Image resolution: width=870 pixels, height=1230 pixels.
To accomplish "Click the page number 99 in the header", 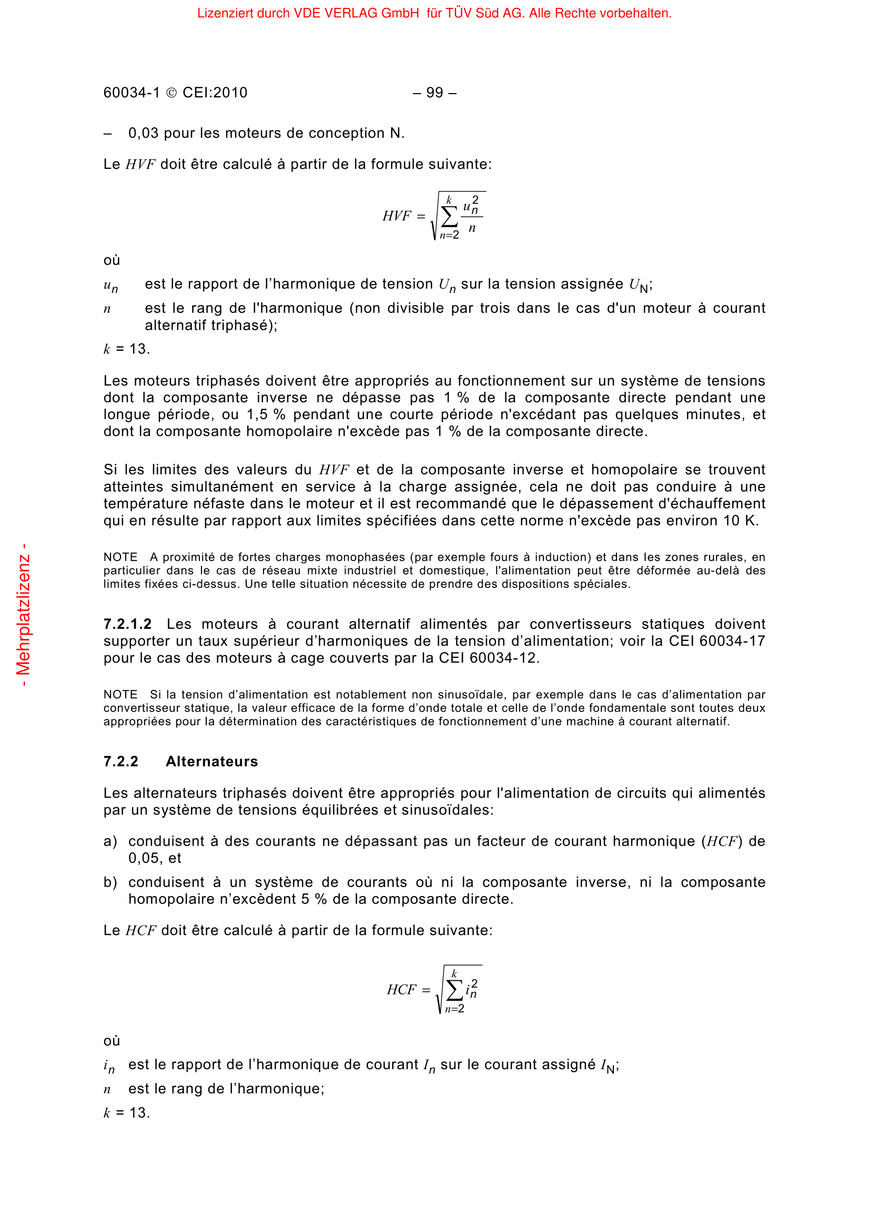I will (434, 93).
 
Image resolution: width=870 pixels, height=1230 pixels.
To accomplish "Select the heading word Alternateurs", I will (211, 761).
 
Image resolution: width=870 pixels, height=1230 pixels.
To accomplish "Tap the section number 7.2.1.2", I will (127, 624).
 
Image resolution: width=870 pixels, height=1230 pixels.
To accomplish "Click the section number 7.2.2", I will (120, 761).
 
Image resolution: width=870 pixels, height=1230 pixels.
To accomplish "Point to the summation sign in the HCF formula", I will (454, 991).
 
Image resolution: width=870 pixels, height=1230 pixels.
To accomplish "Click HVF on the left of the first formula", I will (397, 216).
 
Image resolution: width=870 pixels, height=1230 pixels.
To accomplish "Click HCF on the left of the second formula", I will (401, 990).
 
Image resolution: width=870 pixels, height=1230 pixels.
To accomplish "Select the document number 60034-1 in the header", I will (132, 93).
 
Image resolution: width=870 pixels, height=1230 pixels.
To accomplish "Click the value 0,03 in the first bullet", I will (143, 133).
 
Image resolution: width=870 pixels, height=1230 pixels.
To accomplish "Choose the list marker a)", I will (110, 841).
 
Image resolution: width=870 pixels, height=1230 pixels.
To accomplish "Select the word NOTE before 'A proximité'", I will (120, 557).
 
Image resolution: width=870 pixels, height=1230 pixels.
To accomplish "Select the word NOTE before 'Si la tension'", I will (120, 694).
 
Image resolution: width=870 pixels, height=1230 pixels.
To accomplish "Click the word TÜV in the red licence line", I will (458, 13).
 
